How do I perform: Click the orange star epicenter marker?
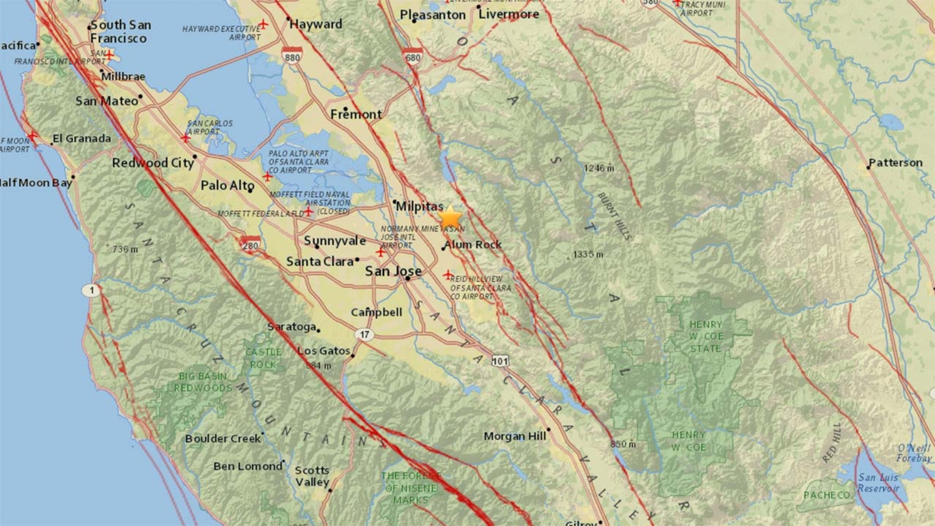point(450,217)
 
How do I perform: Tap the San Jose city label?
point(393,271)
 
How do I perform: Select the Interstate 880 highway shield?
point(292,56)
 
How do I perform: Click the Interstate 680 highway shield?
point(413,56)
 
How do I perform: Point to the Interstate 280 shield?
point(250,245)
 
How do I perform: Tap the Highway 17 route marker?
point(365,334)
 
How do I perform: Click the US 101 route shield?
point(500,361)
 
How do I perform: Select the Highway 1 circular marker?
point(91,290)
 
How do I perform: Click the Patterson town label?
point(895,162)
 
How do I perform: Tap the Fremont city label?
point(356,114)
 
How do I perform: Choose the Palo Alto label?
point(227,185)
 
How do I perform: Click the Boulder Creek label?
point(223,438)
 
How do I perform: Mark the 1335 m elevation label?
point(588,254)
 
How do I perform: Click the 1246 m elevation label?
point(599,168)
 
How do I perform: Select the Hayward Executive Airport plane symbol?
point(264,24)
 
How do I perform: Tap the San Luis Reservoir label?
point(878,483)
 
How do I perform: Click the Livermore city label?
point(508,14)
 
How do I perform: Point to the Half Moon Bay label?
point(36,182)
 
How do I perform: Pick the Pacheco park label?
point(826,495)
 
